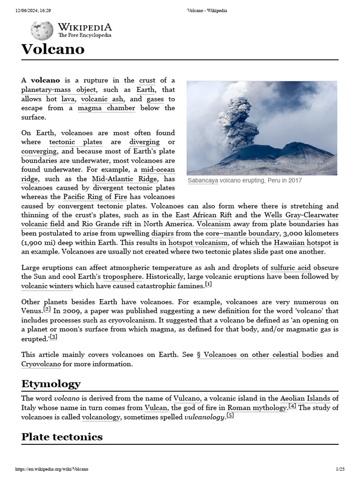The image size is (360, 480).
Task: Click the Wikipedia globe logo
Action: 42,30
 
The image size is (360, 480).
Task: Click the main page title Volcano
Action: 53,49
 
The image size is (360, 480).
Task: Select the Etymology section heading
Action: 51,384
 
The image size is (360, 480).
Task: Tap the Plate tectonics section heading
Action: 62,436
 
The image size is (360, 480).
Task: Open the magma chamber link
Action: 106,108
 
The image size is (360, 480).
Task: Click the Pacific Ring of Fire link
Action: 95,197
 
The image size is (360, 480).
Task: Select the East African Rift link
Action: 203,215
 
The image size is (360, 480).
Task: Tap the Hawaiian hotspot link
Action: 302,242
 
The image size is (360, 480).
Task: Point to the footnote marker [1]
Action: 209,285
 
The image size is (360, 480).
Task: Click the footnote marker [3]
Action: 54,337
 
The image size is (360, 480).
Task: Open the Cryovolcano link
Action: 41,364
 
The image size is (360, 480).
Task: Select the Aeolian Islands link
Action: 305,398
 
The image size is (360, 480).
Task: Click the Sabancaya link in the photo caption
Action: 202,180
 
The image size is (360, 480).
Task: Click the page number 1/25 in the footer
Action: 340,469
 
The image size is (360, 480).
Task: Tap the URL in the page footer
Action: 52,469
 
